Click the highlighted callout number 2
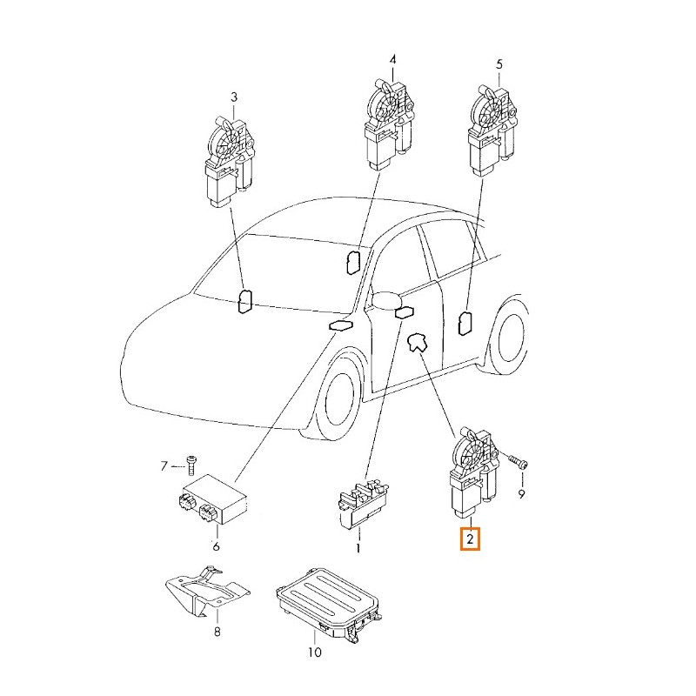470,539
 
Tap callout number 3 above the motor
234,97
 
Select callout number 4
392,59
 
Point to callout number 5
499,64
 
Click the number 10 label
314,652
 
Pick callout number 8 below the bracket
217,632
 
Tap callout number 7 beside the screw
164,466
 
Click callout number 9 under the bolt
521,493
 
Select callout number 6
216,546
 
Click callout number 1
358,549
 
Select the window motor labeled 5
492,131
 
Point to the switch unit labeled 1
363,505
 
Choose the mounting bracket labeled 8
208,592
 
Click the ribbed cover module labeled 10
329,603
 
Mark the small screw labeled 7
191,465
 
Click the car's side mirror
385,300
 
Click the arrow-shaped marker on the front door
417,342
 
